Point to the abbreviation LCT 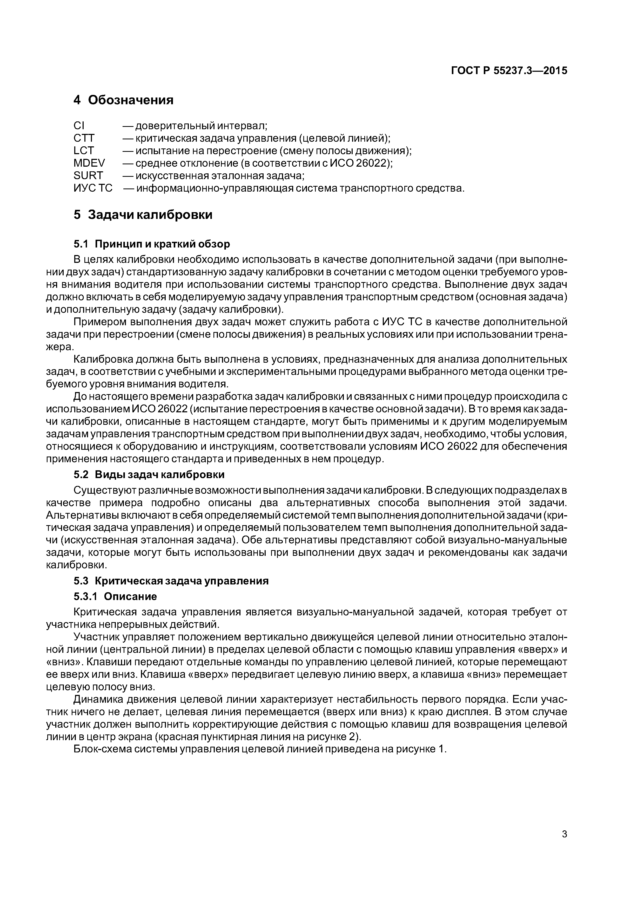[84, 151]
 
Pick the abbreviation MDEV [89, 163]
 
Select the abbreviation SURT [88, 175]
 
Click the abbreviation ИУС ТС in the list [93, 188]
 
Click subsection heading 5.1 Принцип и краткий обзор [152, 244]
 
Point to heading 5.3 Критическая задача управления [171, 581]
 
